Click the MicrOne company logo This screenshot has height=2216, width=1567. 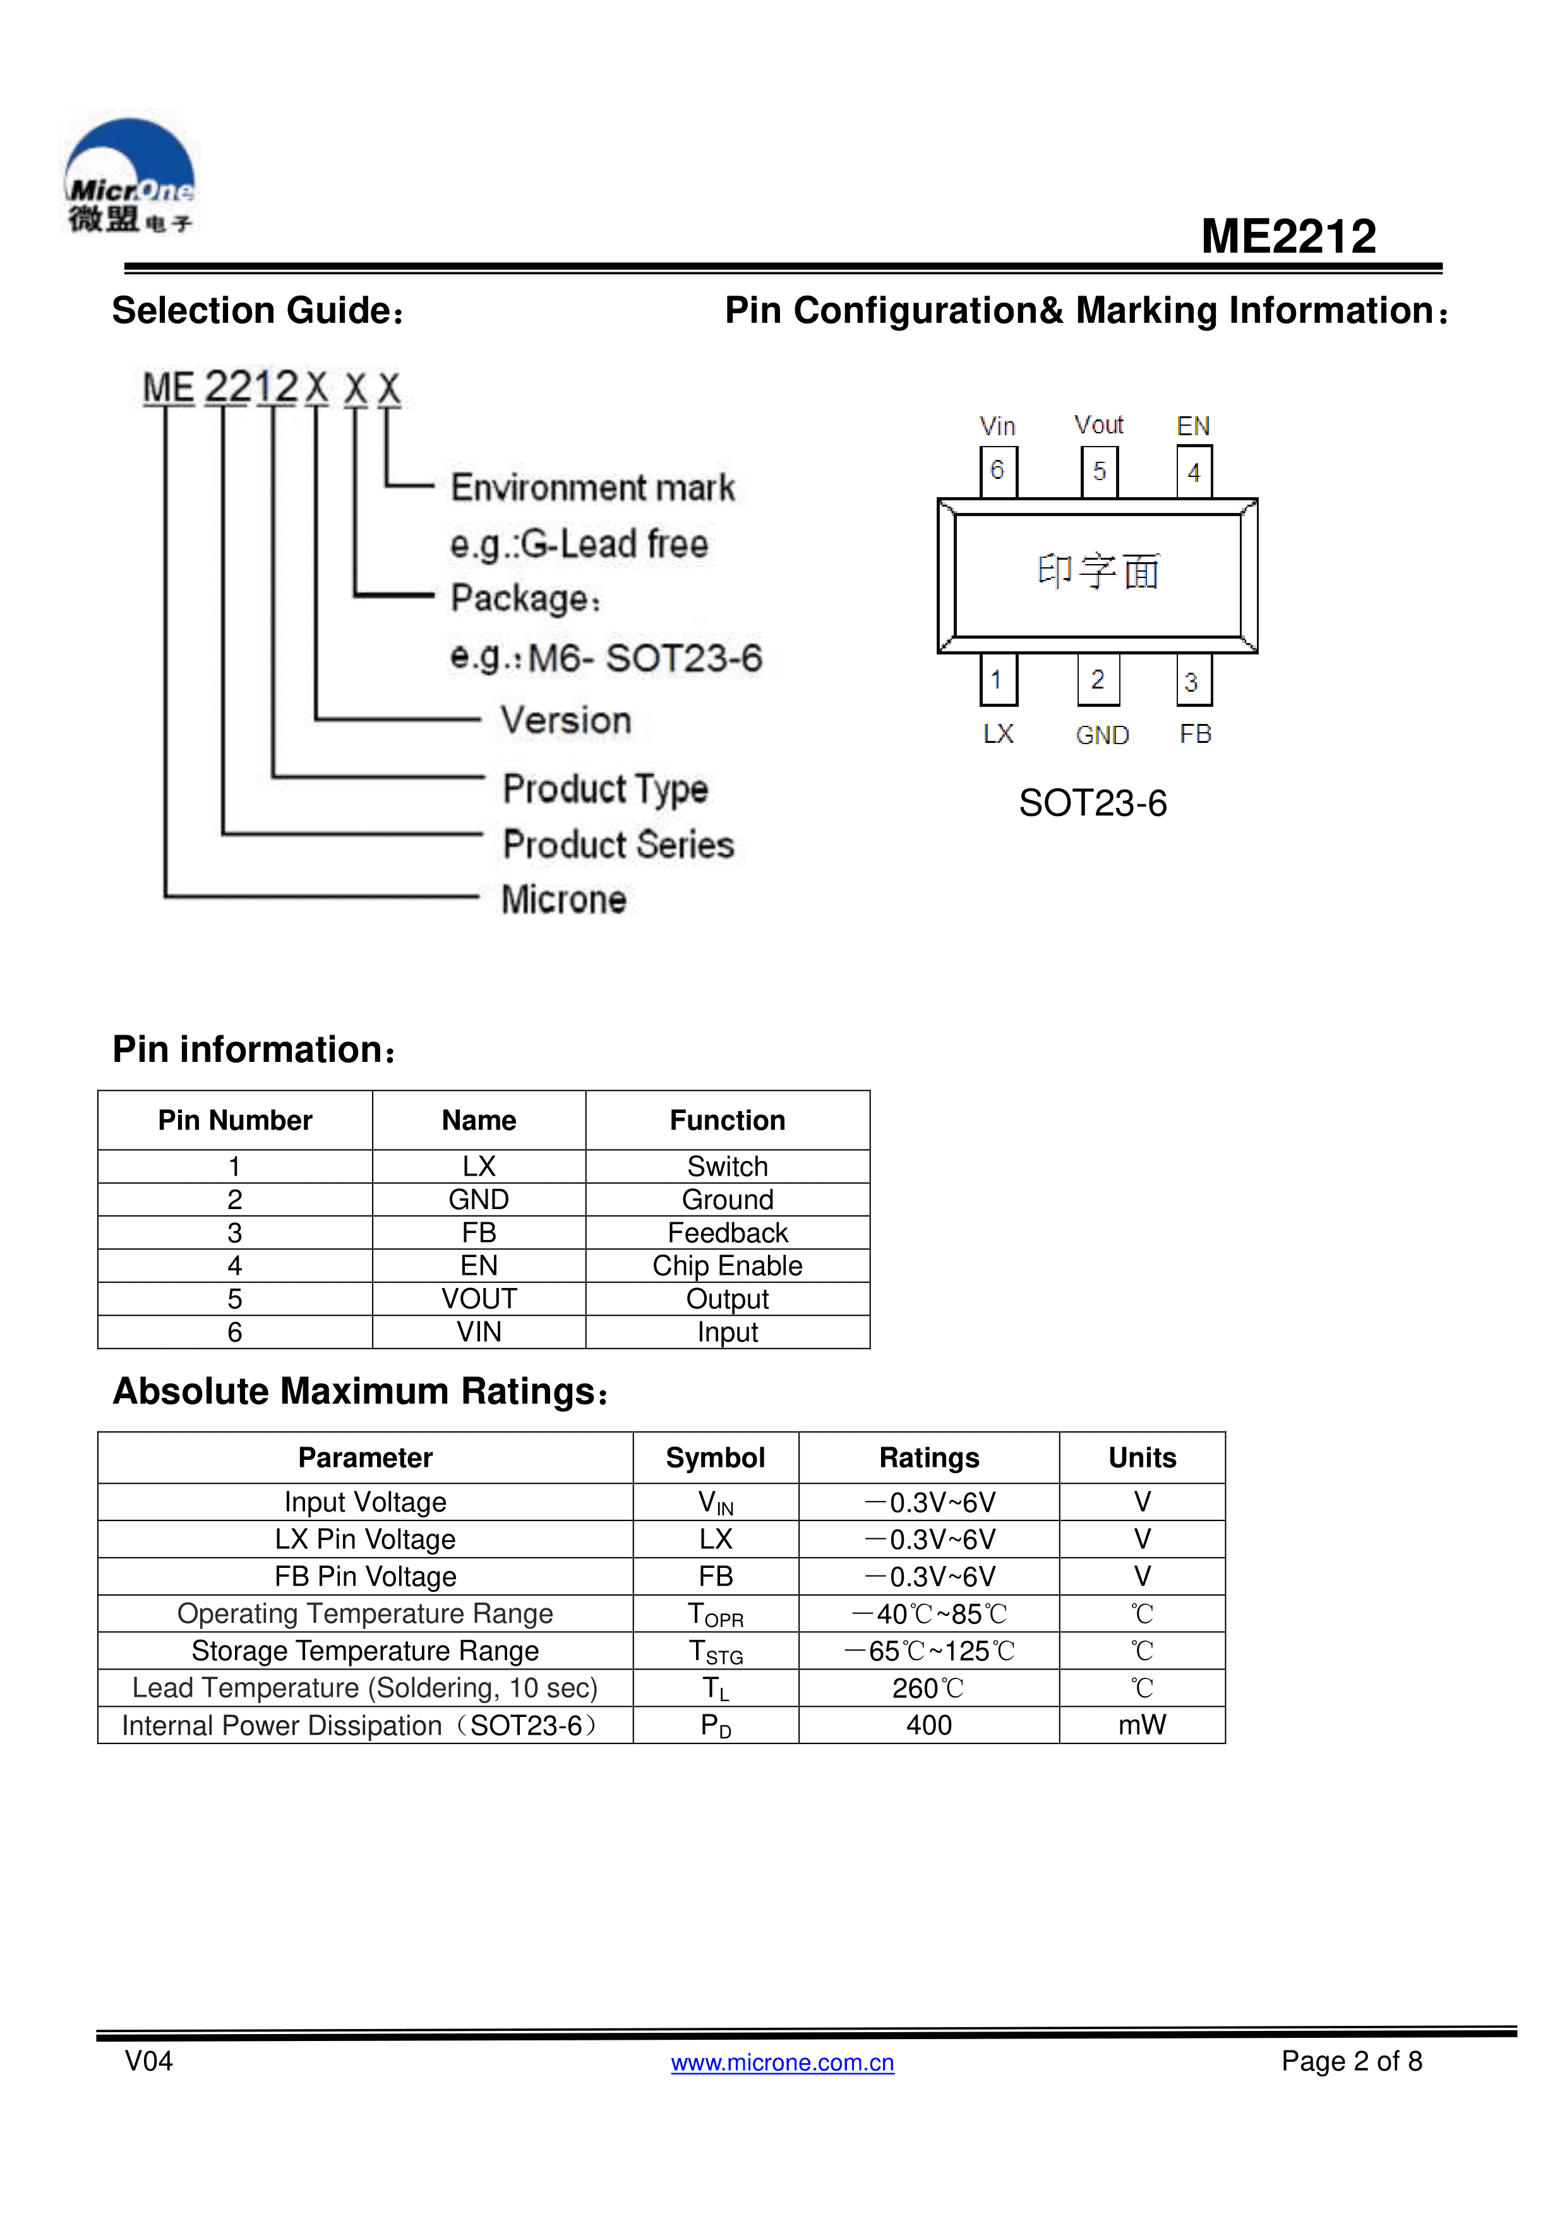tap(130, 177)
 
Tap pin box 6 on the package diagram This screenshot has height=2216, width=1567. tap(998, 471)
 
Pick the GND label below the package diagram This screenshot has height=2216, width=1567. tap(1102, 735)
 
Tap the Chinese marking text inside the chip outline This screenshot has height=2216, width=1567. tap(1098, 572)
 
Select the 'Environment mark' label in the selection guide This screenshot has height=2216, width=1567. tap(592, 488)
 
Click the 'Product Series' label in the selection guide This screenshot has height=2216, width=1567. tap(618, 845)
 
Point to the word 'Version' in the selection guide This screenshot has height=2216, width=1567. tap(565, 720)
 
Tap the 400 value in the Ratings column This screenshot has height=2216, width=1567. tap(928, 1725)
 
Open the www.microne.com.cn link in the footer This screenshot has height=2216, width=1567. tap(783, 2062)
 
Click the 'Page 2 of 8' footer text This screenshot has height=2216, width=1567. tap(1351, 2061)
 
